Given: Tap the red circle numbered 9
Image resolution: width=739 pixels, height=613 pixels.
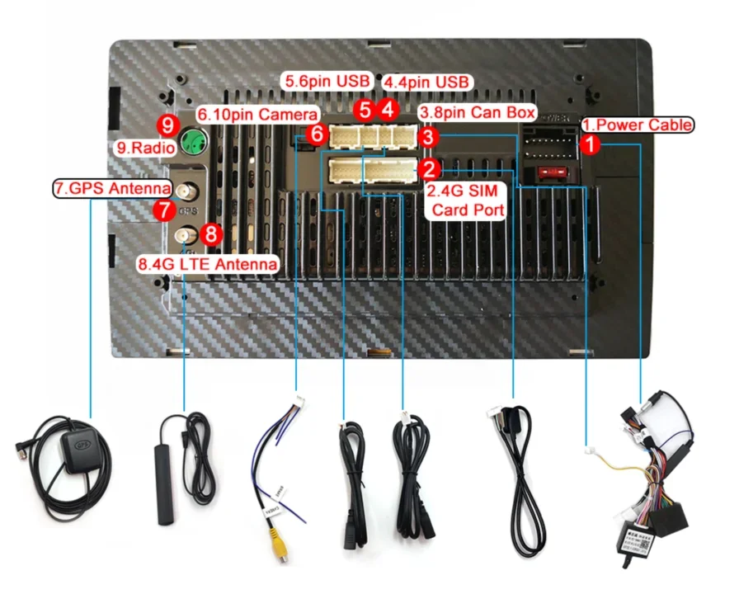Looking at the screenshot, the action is pos(168,125).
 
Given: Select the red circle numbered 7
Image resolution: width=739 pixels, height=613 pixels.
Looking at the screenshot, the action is pos(164,210).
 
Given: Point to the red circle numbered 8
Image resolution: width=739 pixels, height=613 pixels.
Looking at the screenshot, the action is pos(211,234).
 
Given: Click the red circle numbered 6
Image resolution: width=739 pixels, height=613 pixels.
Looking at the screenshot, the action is pos(316,133).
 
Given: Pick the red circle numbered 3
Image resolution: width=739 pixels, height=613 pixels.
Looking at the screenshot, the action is pos(428,134).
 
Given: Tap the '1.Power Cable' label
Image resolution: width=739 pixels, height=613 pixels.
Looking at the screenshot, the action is pos(637,125).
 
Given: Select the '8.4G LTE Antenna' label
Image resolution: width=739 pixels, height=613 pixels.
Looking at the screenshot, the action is pos(207,264).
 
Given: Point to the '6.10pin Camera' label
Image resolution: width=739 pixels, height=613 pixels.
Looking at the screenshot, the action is pos(256,113).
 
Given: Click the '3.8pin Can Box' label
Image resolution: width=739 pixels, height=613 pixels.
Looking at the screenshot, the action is pos(478,111).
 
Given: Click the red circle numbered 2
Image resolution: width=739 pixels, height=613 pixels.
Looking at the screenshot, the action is pos(428,170).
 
